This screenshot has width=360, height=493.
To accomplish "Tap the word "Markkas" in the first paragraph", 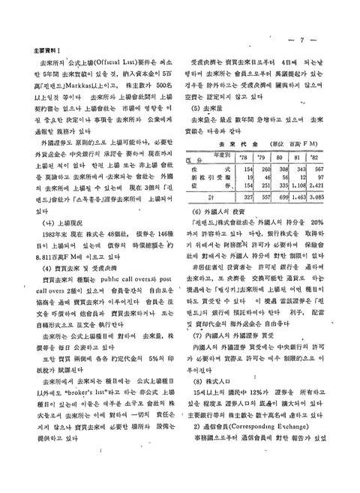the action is pyautogui.click(x=79, y=87).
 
